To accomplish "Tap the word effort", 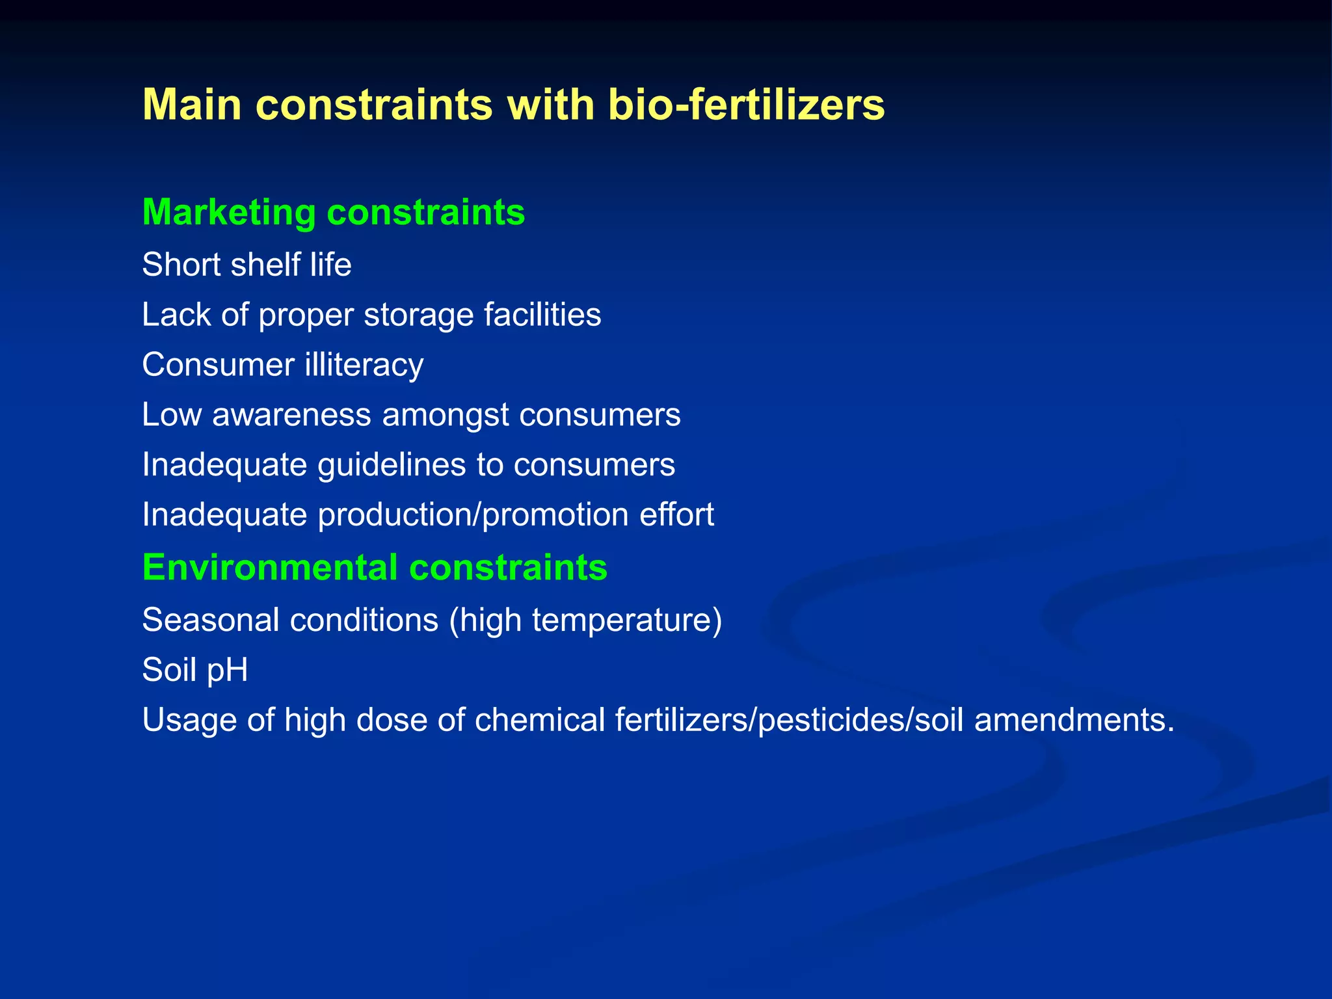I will tap(676, 515).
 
